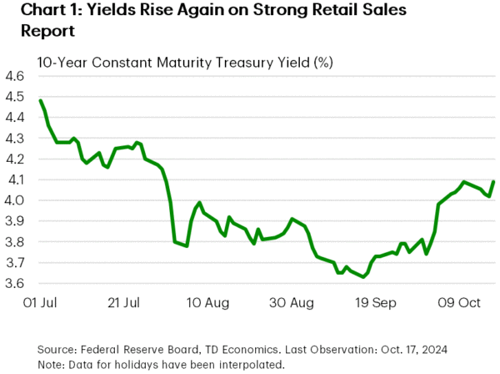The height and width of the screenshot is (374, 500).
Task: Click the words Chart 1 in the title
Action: tap(37, 13)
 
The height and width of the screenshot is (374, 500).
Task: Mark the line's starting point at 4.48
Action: tap(41, 101)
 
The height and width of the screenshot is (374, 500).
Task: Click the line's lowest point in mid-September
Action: tap(363, 277)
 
